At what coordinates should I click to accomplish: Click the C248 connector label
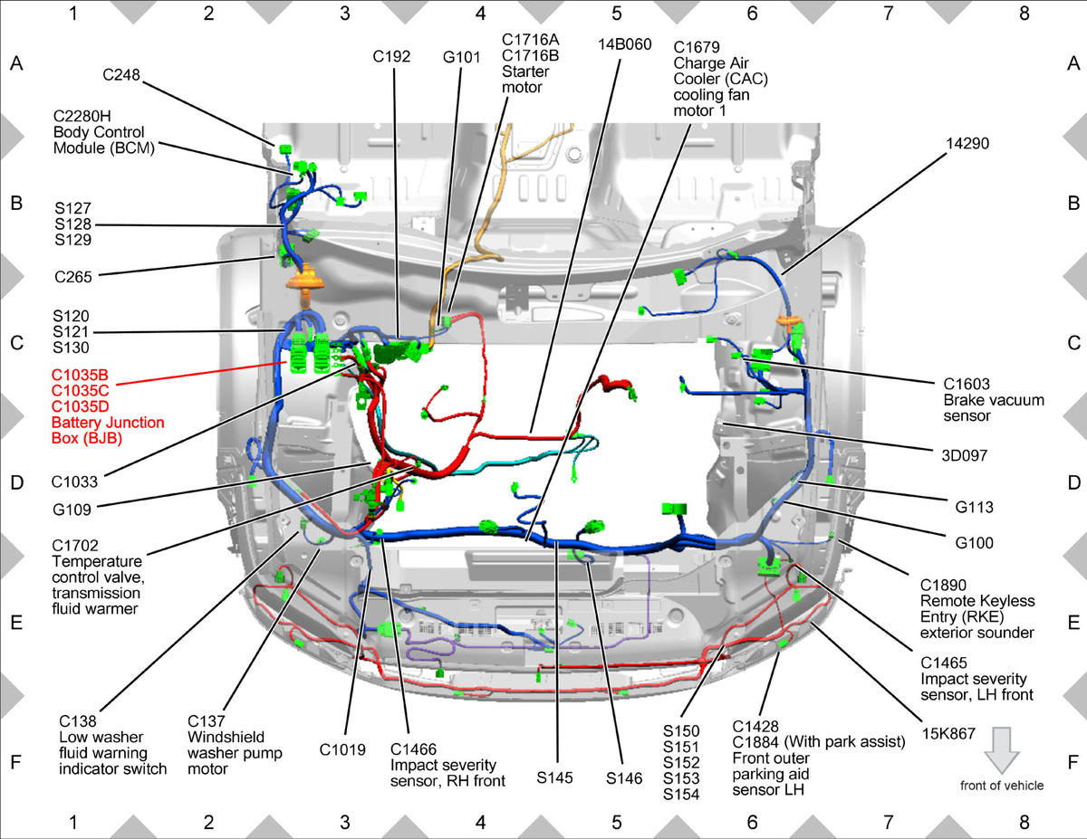121,75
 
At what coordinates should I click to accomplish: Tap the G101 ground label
461,57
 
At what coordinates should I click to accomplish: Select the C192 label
391,56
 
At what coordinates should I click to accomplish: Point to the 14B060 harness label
625,44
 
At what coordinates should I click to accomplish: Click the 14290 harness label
967,144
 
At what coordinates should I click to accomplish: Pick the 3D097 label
965,456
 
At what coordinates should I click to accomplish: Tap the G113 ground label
975,507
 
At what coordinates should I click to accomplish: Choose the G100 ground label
975,543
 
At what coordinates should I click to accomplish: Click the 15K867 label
948,734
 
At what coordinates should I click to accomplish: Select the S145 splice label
554,778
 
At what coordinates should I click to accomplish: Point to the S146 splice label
624,778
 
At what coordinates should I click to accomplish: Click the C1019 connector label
342,749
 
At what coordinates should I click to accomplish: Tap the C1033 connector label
74,482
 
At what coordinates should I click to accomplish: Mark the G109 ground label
72,510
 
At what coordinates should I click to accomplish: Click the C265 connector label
73,277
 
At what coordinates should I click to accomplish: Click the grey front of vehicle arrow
1002,750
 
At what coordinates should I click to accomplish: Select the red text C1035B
80,376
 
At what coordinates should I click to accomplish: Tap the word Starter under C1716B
525,72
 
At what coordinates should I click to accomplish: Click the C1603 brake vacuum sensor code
967,385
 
